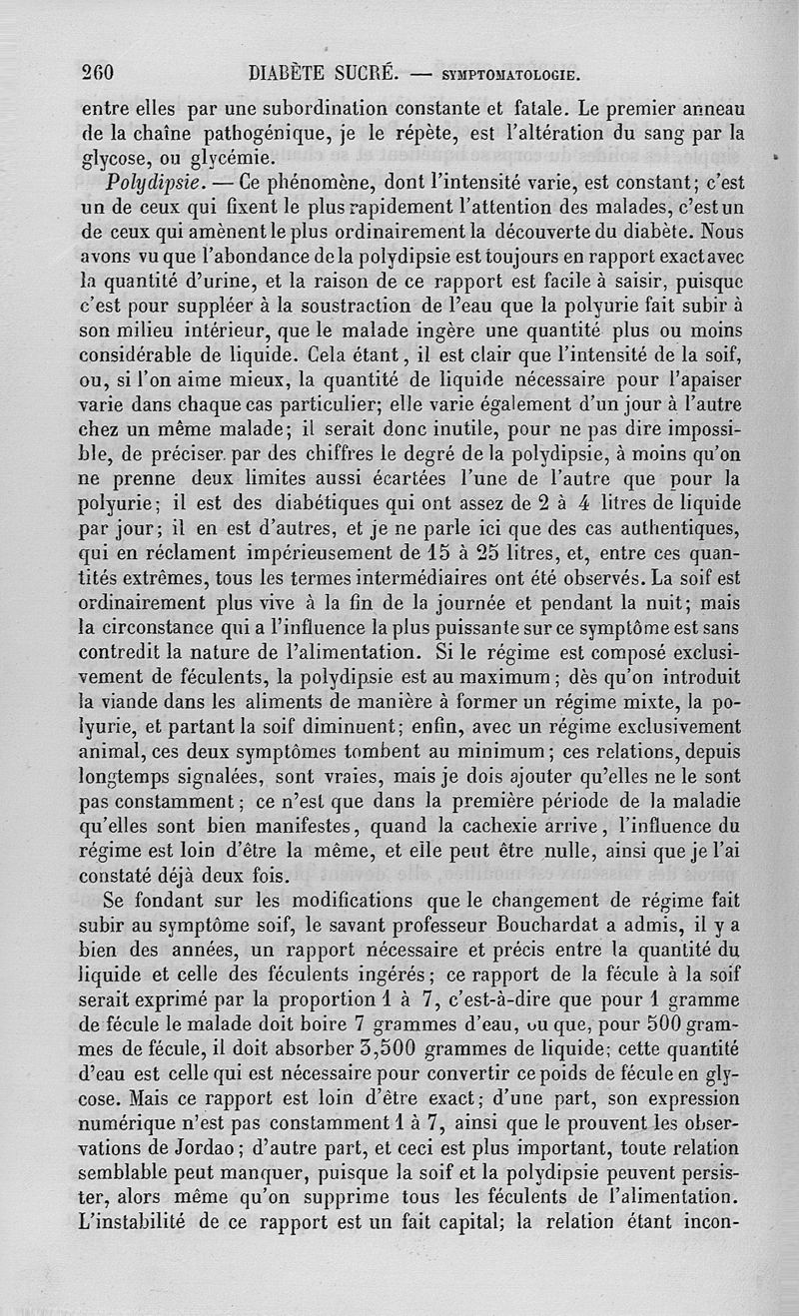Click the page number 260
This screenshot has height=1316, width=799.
99,72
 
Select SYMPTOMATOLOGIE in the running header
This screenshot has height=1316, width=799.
508,74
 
